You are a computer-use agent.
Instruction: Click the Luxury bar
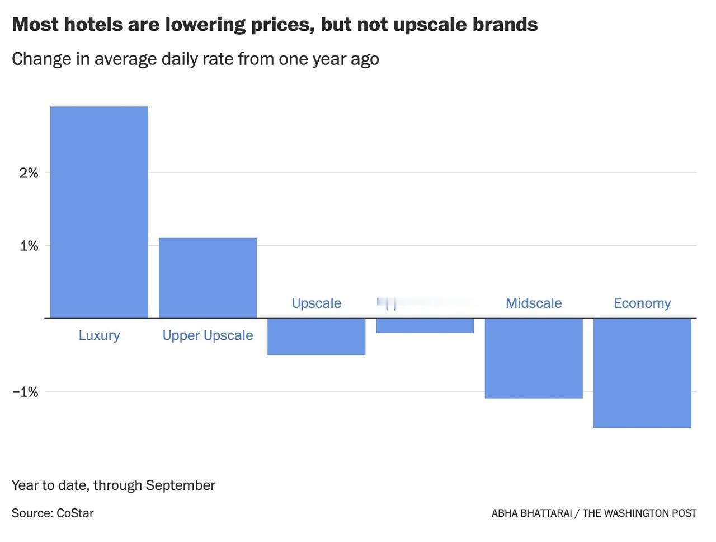coord(99,212)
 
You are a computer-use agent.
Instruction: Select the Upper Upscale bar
coord(208,278)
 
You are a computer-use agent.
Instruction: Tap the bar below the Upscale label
coord(316,337)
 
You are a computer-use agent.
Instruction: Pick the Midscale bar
coord(533,358)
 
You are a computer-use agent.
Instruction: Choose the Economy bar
coord(642,373)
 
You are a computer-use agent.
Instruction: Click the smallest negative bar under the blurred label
coord(425,326)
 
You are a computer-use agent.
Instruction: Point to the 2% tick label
coord(29,173)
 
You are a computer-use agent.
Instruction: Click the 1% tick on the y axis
coord(29,246)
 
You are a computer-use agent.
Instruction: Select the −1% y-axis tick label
coord(25,392)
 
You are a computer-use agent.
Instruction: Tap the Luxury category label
coord(99,335)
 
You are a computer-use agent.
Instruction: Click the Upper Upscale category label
coord(208,335)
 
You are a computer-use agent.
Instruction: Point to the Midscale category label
coord(533,303)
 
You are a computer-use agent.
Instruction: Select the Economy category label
coord(642,303)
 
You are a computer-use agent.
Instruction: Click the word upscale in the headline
coord(429,25)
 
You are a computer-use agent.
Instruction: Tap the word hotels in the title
coord(91,25)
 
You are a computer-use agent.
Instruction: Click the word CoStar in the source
coord(75,513)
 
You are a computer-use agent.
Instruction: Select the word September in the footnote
coord(180,485)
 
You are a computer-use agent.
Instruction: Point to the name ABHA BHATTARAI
coord(531,513)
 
